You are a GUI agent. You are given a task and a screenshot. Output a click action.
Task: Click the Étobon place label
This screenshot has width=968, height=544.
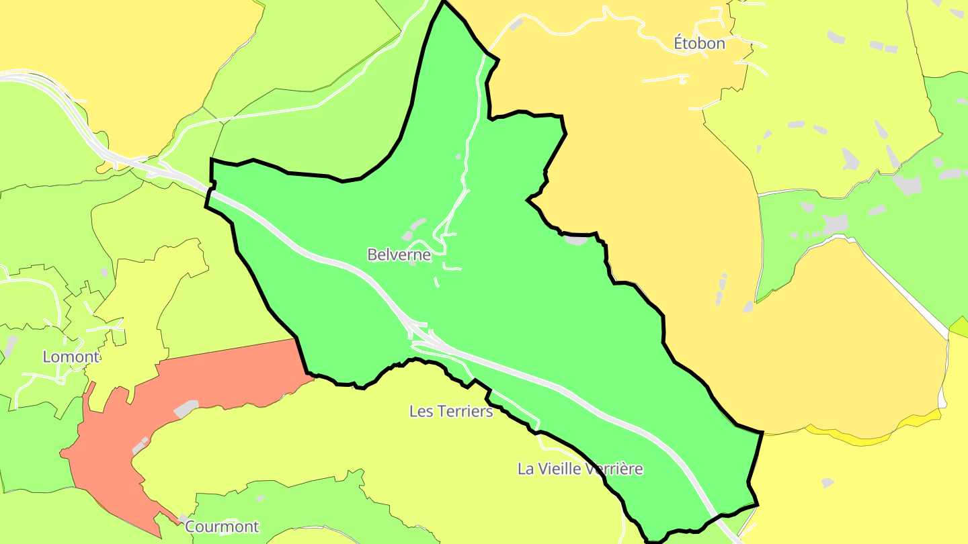click(x=699, y=44)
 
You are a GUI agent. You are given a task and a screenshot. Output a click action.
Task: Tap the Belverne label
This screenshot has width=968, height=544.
click(x=399, y=255)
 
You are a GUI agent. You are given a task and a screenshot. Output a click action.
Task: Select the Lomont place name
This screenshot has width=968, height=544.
click(x=71, y=357)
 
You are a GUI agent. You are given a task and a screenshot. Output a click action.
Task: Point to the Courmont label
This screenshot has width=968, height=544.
click(x=221, y=527)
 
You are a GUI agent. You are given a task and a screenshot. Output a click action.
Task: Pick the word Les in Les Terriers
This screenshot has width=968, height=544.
click(x=421, y=411)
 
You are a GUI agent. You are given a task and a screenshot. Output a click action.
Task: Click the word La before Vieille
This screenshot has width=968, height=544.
click(x=525, y=469)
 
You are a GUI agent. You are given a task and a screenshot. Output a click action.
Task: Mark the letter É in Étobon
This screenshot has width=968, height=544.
click(x=679, y=44)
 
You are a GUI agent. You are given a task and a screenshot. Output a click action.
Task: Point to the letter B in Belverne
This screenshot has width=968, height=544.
click(x=372, y=255)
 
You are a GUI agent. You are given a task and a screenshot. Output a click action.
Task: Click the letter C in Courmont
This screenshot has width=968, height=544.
click(x=190, y=527)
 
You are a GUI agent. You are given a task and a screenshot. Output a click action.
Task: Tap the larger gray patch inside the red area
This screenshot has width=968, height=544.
click(x=186, y=408)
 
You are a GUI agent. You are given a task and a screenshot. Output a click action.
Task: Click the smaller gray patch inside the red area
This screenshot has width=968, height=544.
click(x=140, y=445)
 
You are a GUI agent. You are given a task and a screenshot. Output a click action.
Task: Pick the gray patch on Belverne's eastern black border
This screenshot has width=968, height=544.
click(x=577, y=240)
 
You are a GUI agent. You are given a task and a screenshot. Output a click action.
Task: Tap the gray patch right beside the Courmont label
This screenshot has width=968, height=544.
click(x=182, y=518)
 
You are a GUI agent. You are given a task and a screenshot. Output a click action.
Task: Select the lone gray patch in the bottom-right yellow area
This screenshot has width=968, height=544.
click(x=828, y=483)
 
